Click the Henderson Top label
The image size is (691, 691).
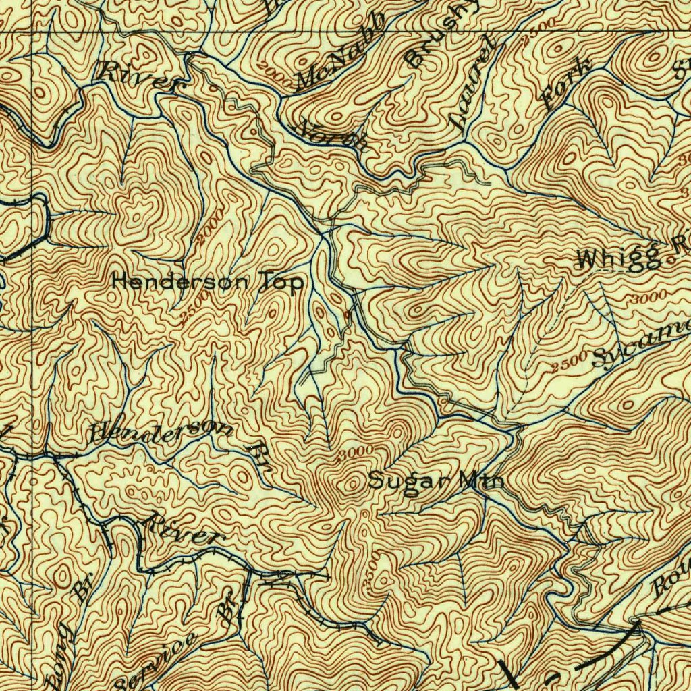tap(207, 281)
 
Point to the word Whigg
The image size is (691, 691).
tap(619, 258)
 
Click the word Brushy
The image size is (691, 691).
tap(443, 34)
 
